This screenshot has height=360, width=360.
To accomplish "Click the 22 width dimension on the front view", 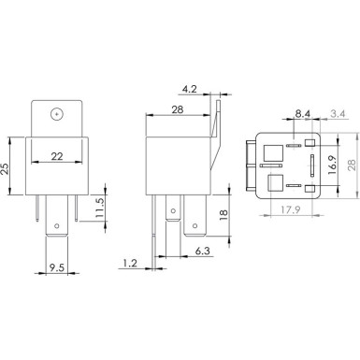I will coord(56,156).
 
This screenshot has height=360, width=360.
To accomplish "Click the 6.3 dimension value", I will coord(201,251).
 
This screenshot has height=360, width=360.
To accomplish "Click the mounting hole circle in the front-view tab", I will coord(58,114).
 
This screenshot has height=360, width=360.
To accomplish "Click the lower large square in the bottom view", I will coord(278,184).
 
